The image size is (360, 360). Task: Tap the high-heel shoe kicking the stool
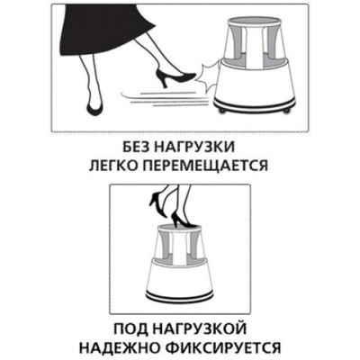pos(175,77)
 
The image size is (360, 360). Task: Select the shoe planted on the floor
pos(94,108)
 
